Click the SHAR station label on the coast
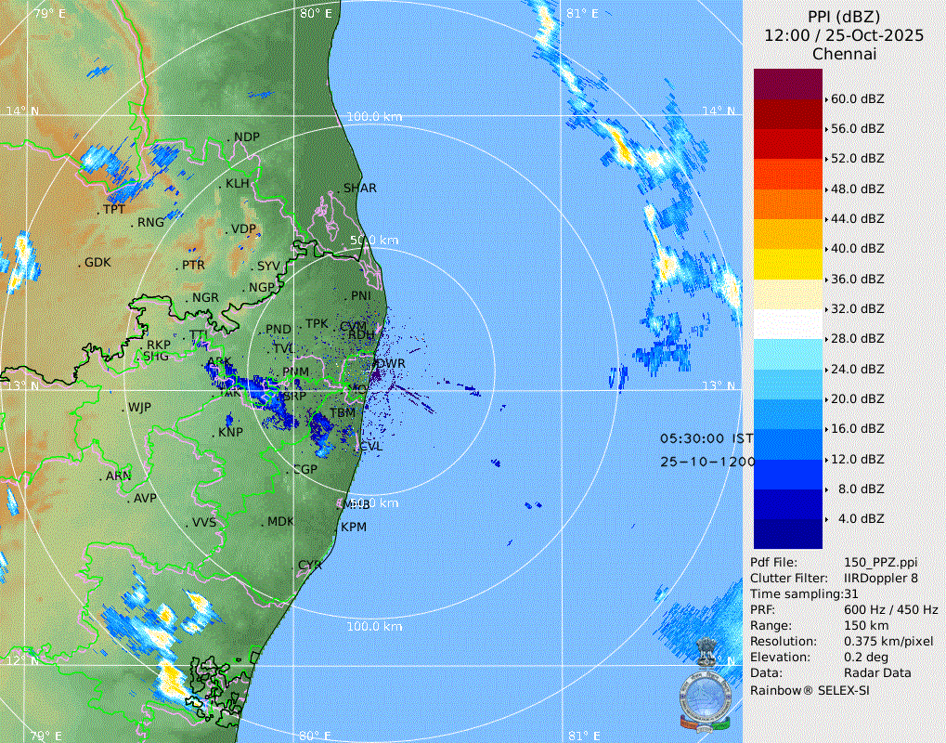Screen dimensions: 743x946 click(360, 188)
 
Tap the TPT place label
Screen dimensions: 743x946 click(113, 210)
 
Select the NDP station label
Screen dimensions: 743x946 click(247, 137)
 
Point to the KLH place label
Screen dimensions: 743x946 click(238, 184)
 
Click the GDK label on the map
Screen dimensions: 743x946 click(97, 263)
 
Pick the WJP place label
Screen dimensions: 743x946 click(139, 408)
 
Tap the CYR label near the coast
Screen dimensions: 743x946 click(310, 565)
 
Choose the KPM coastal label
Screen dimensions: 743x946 click(354, 527)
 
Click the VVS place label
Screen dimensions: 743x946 click(204, 523)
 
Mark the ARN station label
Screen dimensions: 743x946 click(118, 476)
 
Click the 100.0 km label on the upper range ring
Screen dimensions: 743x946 click(374, 117)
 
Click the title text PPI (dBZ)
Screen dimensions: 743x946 click(844, 17)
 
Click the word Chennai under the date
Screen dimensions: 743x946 click(844, 54)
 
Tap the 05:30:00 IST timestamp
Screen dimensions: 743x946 click(706, 437)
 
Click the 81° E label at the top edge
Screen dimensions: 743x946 click(581, 13)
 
